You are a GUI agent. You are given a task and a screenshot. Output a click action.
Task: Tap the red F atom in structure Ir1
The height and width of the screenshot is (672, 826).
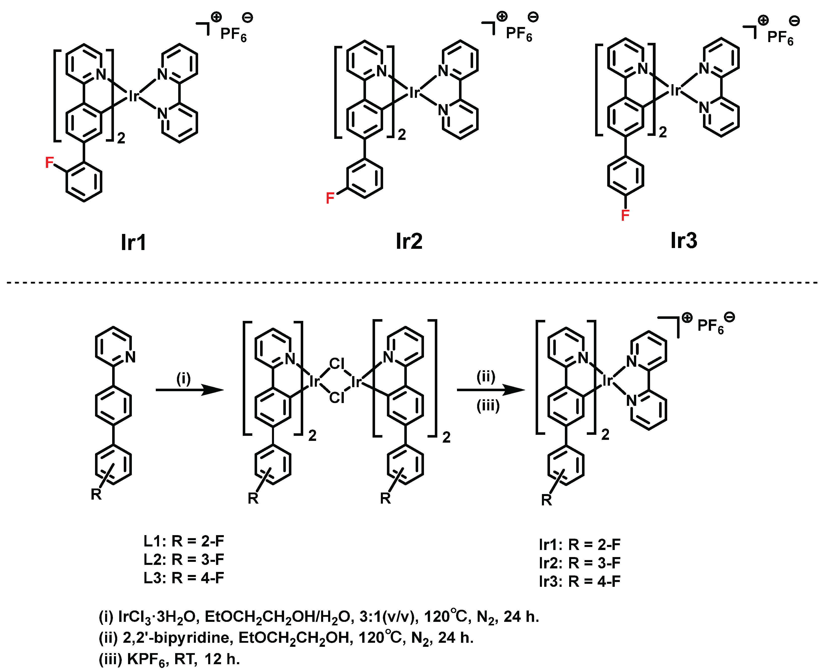point(49,163)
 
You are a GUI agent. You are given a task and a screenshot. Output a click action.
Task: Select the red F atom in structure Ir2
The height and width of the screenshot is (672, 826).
point(330,198)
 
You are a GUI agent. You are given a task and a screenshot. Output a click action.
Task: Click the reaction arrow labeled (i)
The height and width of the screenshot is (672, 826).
point(190,390)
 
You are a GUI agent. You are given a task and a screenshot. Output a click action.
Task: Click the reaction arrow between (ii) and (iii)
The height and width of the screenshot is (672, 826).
point(491,390)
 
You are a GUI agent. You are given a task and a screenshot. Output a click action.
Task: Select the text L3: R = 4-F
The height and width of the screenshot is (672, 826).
point(184,577)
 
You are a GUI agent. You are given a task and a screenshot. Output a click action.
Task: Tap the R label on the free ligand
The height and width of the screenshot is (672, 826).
point(96,494)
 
